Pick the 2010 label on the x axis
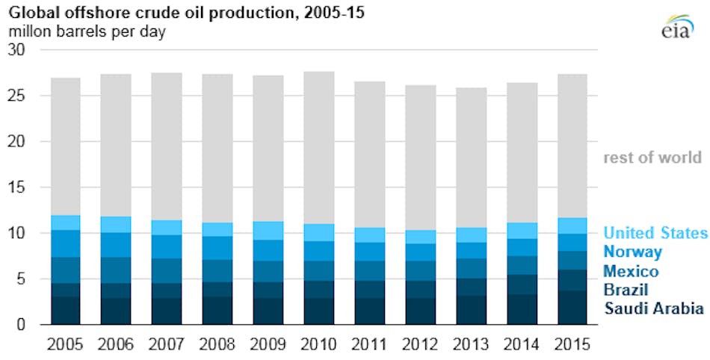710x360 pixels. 318,344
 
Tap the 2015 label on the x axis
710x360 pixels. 573,344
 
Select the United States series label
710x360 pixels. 655,233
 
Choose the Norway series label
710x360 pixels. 632,252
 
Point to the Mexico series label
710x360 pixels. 631,270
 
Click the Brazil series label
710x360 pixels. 626,289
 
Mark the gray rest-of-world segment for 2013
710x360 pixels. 472,158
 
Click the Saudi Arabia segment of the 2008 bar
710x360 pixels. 217,311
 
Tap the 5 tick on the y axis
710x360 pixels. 20,279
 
